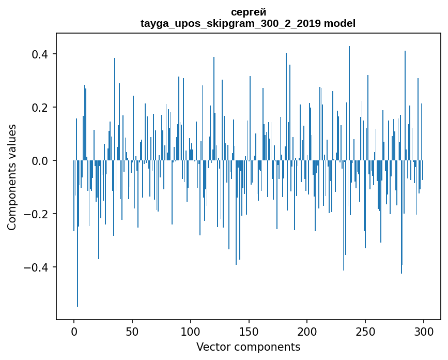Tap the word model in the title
pyautogui.click(x=340, y=23)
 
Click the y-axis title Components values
pyautogui.click(x=12, y=177)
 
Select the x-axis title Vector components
pyautogui.click(x=248, y=347)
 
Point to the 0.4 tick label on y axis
pyautogui.click(x=40, y=54)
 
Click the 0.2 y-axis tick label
pyautogui.click(x=40, y=108)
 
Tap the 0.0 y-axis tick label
pyautogui.click(x=40, y=161)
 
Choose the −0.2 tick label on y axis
pyautogui.click(x=36, y=214)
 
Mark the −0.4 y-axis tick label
pyautogui.click(x=36, y=267)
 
